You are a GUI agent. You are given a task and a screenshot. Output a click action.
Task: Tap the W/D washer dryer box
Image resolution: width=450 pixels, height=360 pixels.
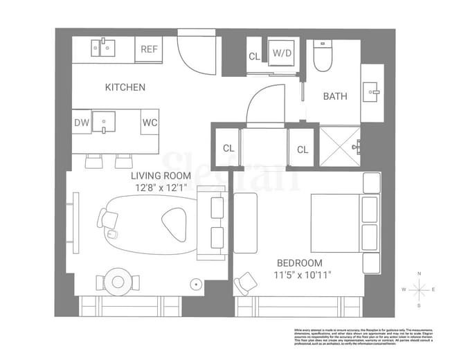coord(282,53)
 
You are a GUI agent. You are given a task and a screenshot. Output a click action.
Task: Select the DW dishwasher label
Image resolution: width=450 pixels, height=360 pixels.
coord(82,123)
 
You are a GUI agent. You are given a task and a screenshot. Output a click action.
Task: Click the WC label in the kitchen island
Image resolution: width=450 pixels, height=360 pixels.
coord(150,123)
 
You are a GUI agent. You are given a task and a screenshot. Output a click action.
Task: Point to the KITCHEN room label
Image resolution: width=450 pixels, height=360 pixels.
coord(125,87)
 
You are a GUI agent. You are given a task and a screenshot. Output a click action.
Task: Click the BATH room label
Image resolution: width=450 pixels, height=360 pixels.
coord(335,96)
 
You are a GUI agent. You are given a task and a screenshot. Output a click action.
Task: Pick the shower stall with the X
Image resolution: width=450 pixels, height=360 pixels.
coord(339,146)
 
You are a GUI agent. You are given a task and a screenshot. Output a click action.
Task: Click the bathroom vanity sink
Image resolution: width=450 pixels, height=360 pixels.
coord(372,91)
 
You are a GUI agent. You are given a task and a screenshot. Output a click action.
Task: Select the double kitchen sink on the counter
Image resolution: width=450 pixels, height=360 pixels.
coord(104,48)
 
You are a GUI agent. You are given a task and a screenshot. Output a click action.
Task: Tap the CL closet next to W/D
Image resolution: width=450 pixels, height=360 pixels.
coord(254,56)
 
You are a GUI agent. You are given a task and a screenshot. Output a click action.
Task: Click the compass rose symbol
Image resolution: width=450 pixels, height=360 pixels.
coord(418,289)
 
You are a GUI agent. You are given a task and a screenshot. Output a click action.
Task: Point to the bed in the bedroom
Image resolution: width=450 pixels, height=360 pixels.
coord(339,223)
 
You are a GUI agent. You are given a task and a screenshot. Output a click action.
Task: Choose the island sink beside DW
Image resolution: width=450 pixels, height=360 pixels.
coord(106,122)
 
